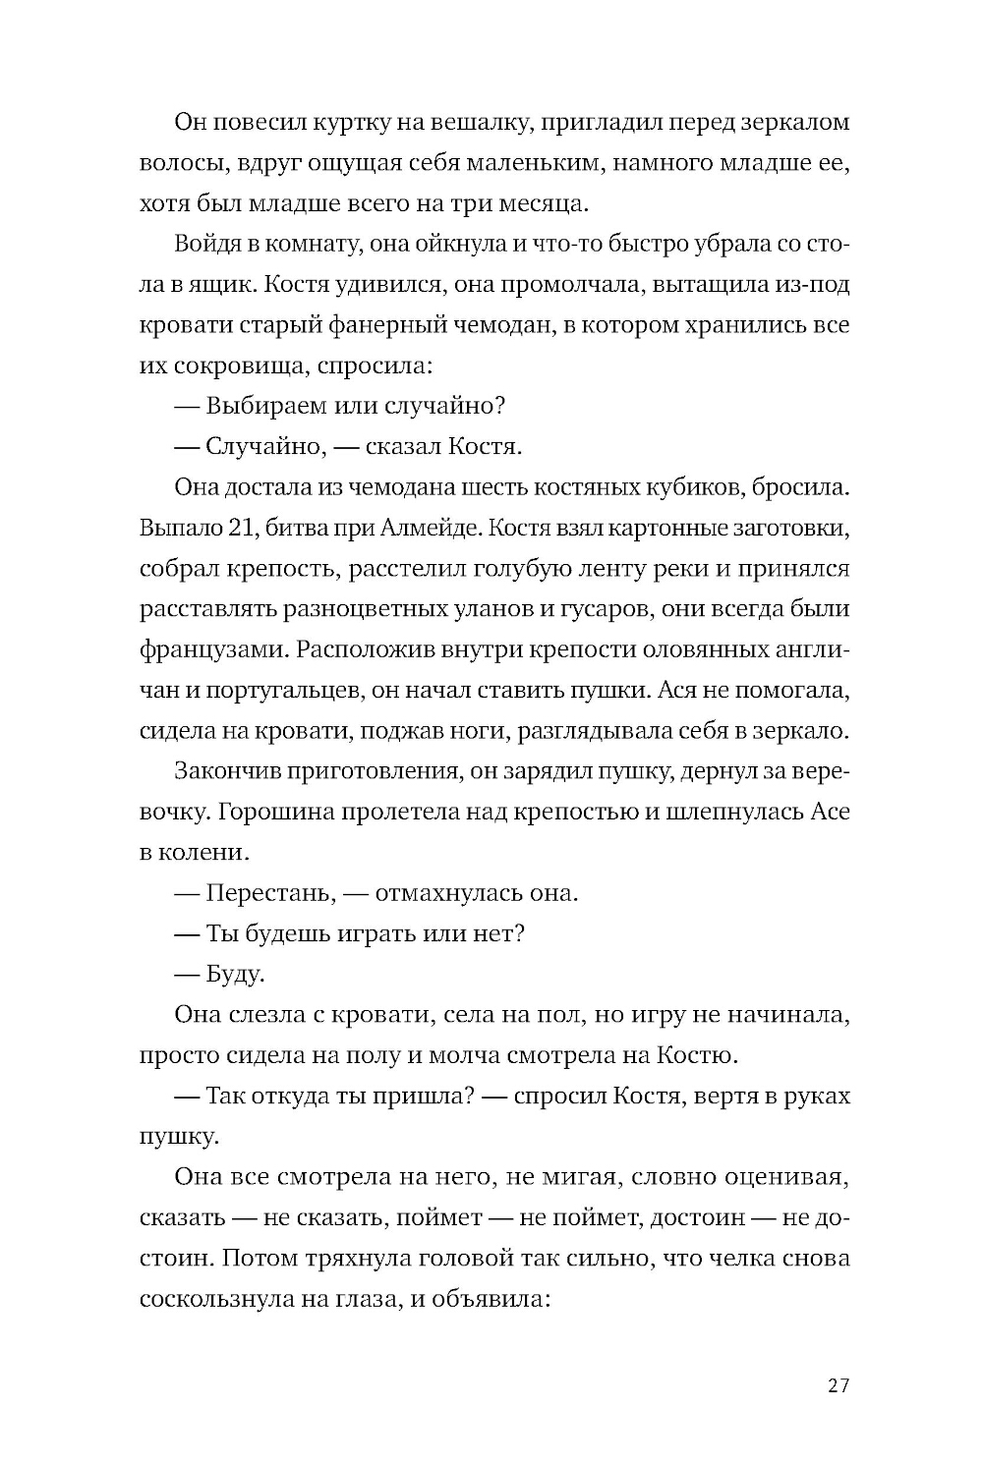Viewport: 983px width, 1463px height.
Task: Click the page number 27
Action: pos(838,1386)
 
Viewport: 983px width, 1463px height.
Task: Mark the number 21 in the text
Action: pos(242,528)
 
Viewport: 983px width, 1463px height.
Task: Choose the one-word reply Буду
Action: pos(234,975)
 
